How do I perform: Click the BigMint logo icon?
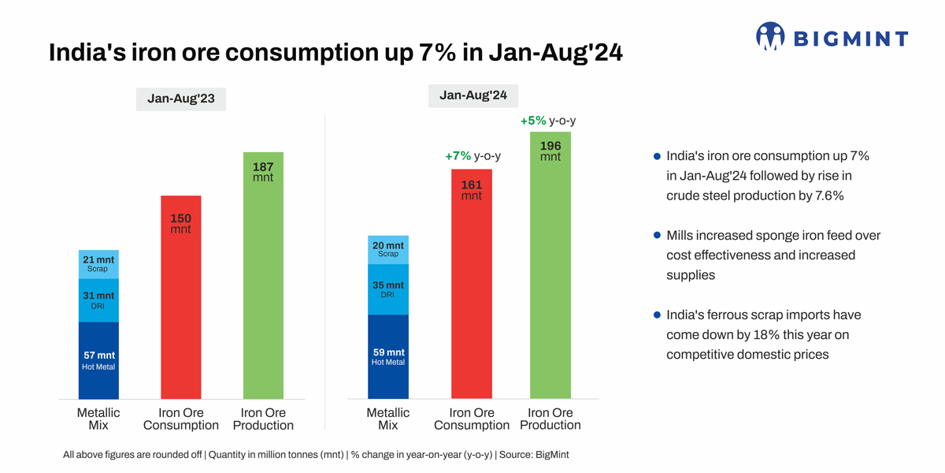770,36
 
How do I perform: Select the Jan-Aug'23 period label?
180,99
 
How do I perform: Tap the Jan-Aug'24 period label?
473,95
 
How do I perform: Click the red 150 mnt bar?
180,315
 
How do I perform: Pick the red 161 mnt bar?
471,300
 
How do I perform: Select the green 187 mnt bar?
263,292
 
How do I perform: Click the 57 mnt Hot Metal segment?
98,360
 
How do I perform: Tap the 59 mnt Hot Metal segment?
387,357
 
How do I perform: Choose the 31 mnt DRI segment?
98,300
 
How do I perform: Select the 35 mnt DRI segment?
387,289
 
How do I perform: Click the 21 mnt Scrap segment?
98,263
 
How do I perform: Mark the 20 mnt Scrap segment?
387,249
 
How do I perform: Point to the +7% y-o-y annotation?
472,156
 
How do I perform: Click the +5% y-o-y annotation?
548,121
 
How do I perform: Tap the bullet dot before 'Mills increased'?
657,236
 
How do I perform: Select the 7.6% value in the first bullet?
826,196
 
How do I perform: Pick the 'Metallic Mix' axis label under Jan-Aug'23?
98,419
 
